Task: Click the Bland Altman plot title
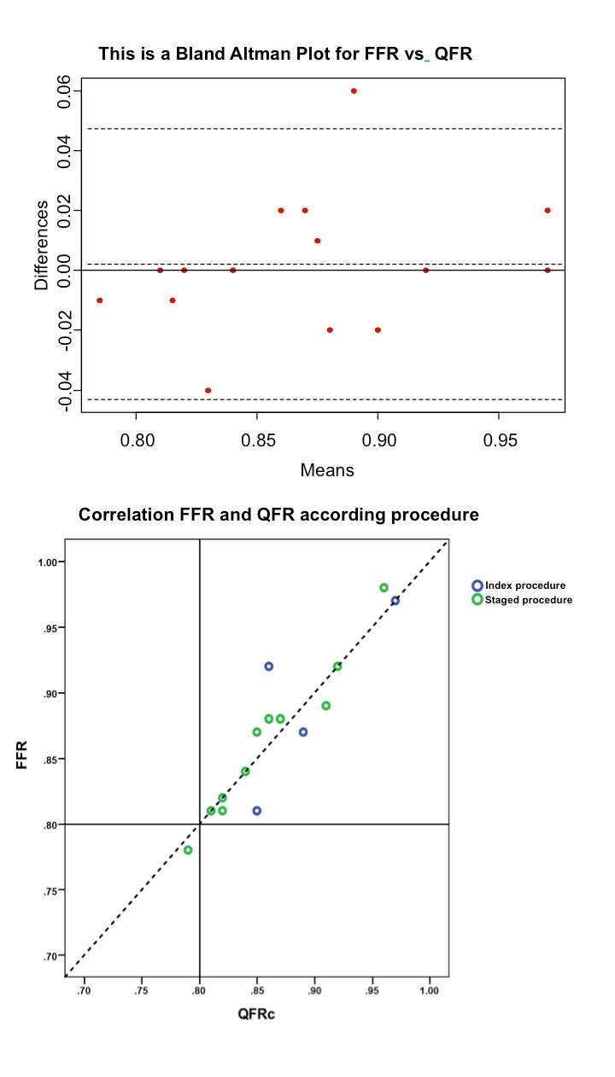point(285,54)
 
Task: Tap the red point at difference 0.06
point(354,91)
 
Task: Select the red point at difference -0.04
point(208,390)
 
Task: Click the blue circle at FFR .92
point(268,667)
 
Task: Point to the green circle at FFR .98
point(384,588)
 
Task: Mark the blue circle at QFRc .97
point(395,601)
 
